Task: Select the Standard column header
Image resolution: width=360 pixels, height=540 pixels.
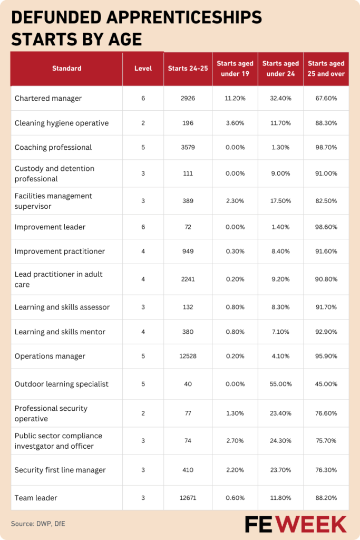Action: click(x=66, y=68)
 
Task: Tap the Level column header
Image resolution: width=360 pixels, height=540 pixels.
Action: click(x=143, y=68)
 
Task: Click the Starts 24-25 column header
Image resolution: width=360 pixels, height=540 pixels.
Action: click(x=188, y=68)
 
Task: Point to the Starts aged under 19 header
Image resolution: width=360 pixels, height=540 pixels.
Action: click(x=235, y=69)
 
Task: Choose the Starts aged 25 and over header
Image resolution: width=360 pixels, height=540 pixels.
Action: click(x=326, y=69)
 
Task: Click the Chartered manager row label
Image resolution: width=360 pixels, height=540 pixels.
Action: click(x=48, y=99)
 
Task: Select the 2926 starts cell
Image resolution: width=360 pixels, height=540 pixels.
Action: click(x=188, y=99)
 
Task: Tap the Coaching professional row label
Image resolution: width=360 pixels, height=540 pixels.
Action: click(x=53, y=147)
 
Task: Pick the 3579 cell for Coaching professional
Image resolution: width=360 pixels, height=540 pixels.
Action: click(x=188, y=147)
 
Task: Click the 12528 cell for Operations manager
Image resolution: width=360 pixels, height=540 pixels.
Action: click(x=188, y=356)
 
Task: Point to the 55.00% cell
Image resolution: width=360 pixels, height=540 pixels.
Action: click(x=280, y=384)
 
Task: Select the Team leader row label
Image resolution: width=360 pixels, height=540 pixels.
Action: click(x=36, y=498)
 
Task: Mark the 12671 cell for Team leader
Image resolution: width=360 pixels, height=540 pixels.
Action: click(x=188, y=498)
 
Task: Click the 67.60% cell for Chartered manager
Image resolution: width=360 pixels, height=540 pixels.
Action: click(x=326, y=99)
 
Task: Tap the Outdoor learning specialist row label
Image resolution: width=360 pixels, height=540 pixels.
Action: click(x=62, y=384)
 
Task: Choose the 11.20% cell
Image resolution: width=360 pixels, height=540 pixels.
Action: click(x=235, y=99)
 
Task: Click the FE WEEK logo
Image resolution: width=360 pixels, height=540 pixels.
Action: click(x=295, y=524)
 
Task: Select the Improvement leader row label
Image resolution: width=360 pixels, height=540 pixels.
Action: click(x=50, y=227)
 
